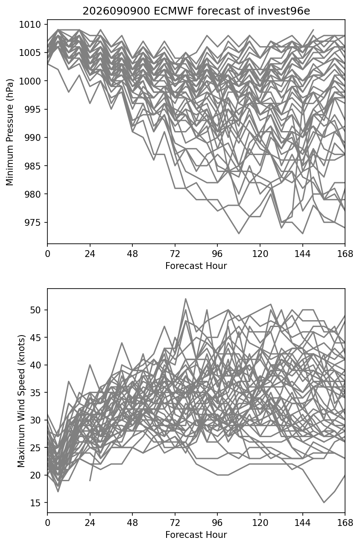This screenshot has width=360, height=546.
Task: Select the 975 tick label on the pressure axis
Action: [32, 222]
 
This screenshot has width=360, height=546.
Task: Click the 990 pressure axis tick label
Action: [32, 138]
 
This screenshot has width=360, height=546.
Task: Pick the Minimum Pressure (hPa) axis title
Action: [10, 132]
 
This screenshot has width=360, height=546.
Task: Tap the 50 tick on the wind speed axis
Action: [35, 310]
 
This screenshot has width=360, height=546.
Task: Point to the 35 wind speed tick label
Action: [35, 392]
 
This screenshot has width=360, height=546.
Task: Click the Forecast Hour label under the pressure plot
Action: [196, 266]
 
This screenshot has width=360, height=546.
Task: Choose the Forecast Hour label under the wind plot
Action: [196, 534]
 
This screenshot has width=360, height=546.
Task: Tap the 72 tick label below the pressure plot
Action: [175, 254]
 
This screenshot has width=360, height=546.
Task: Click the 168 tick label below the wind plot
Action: [345, 523]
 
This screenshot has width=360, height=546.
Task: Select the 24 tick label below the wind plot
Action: [90, 523]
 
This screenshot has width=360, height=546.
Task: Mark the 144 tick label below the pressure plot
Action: [302, 254]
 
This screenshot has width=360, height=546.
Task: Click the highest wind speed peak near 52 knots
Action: [186, 298]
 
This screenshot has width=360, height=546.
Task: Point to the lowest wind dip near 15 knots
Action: [324, 502]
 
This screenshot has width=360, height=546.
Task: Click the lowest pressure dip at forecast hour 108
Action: [239, 234]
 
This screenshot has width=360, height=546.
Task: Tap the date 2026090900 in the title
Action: [116, 11]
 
